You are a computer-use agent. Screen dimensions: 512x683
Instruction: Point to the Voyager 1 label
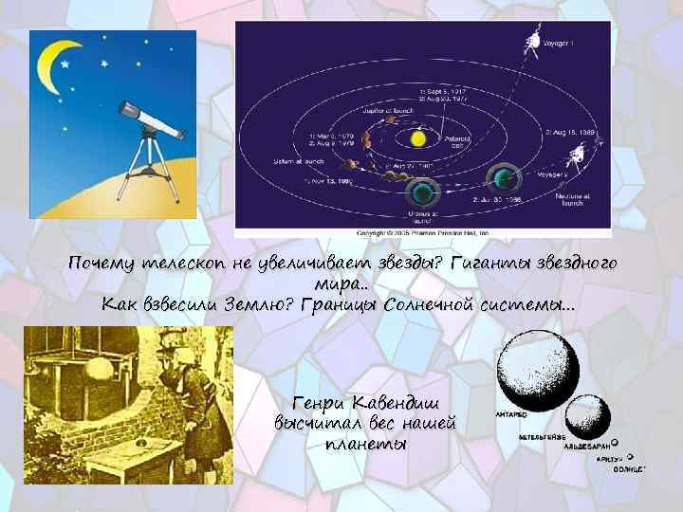(571, 45)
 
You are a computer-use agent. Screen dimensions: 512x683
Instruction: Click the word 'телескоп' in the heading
(182, 263)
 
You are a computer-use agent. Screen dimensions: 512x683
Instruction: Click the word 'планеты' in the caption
(365, 444)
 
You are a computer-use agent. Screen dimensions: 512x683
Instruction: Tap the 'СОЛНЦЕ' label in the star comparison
(628, 468)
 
